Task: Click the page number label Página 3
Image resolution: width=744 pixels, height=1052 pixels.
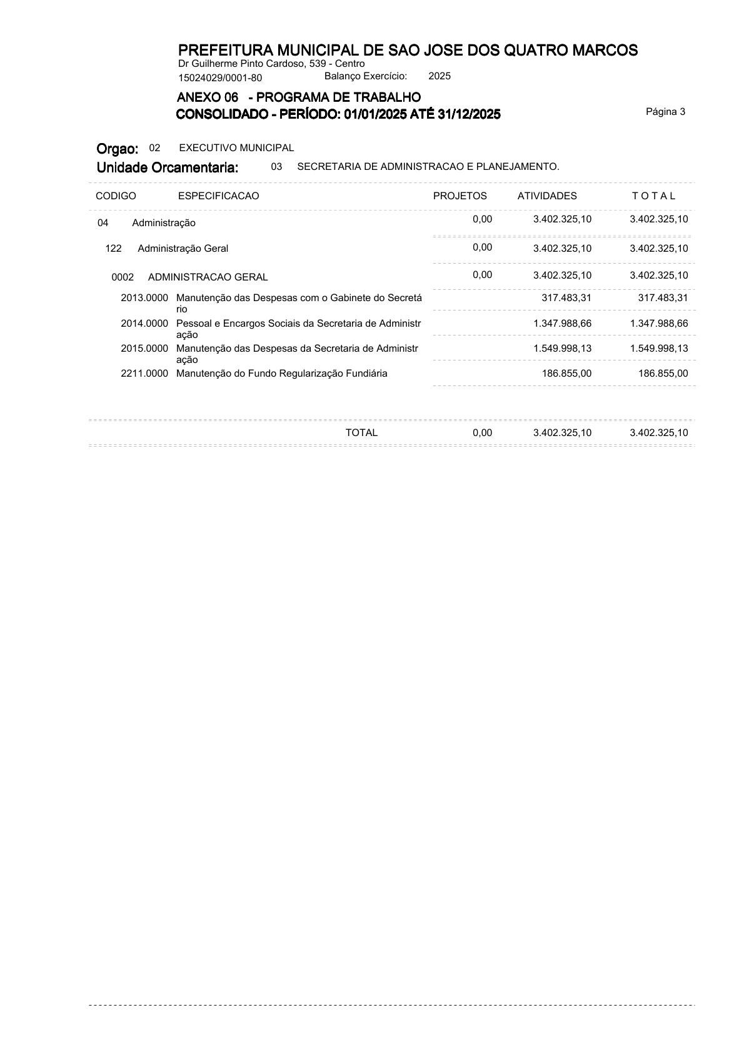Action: coord(665,112)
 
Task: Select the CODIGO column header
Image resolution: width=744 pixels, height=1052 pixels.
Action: coord(116,196)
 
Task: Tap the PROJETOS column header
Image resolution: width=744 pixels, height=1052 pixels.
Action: coord(460,196)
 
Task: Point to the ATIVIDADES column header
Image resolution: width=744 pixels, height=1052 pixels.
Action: coord(547,196)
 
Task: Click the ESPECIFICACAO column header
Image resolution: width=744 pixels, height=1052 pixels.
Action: coord(218,196)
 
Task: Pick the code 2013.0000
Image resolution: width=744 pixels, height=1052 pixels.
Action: coord(144,298)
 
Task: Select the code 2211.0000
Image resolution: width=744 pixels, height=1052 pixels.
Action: coord(144,374)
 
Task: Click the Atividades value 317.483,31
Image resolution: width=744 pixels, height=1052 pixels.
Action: coord(566,298)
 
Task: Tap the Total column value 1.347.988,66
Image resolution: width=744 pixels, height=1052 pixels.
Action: coord(659,324)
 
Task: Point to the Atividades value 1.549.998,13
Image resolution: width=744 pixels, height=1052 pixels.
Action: coord(562,349)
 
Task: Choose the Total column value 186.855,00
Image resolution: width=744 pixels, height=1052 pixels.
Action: coord(663,374)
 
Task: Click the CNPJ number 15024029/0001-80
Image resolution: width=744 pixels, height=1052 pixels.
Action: coord(220,78)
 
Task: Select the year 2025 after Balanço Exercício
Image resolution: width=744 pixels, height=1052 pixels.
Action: coord(440,76)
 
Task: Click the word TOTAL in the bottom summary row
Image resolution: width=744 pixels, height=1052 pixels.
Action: coord(361,433)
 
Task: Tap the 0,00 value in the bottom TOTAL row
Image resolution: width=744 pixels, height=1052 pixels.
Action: coord(482,433)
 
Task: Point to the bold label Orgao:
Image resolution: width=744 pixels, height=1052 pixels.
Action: coord(117,149)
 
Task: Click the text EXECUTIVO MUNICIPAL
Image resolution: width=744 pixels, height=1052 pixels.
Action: coord(236,148)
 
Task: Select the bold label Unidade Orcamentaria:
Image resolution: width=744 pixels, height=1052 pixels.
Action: coord(167,167)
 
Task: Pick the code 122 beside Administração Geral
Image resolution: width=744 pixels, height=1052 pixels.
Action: coord(113,249)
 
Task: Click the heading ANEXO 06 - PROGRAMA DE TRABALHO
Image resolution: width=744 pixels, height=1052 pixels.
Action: coord(299,97)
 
